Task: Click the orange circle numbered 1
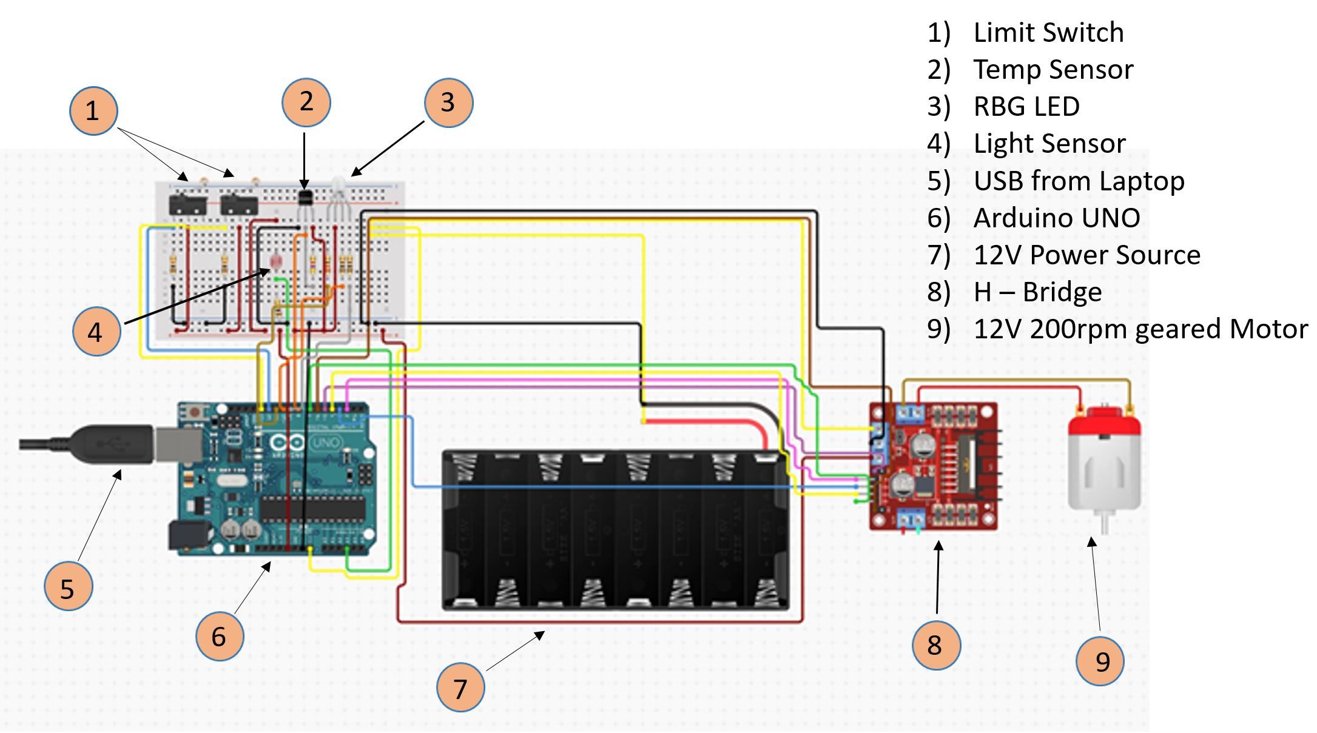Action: (93, 111)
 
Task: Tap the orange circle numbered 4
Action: (96, 332)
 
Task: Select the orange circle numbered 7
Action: (460, 688)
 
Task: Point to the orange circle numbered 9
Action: (1099, 661)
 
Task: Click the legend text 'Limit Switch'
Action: (1048, 32)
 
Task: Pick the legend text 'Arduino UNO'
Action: (1056, 218)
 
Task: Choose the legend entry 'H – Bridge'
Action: (1037, 292)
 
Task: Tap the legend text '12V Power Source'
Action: (1086, 255)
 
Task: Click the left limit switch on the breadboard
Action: (187, 203)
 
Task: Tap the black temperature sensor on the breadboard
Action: (305, 198)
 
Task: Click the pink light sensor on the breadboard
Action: (274, 261)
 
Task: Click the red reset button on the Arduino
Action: (195, 413)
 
